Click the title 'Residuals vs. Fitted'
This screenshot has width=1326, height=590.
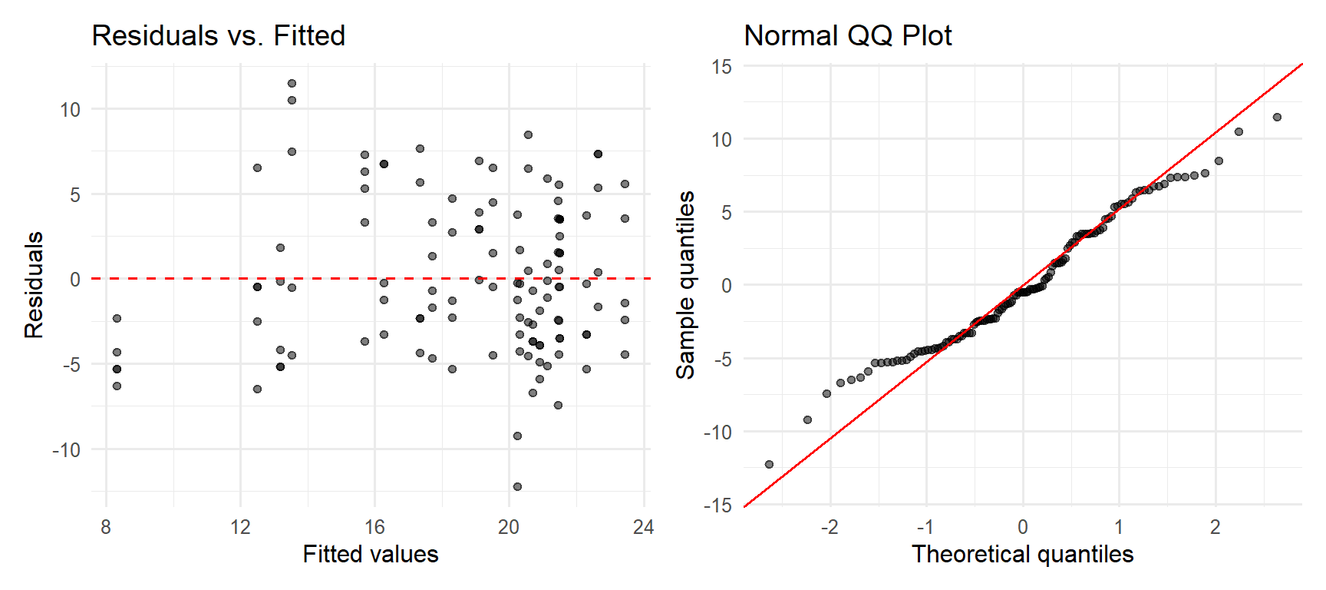(x=219, y=35)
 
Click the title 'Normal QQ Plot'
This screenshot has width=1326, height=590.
(x=848, y=35)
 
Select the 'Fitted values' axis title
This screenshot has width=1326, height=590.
(x=371, y=554)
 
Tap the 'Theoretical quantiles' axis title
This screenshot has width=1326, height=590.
(x=1022, y=554)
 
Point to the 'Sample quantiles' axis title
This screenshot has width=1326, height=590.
(x=685, y=285)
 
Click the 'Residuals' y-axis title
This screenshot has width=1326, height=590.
(x=34, y=285)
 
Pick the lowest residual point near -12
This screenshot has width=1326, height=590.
(x=517, y=486)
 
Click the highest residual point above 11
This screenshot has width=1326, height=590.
(x=292, y=84)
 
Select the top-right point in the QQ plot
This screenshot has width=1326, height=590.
(x=1277, y=118)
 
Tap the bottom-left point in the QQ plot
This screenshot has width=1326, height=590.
(x=769, y=464)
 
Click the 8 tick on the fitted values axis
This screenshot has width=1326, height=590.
(x=106, y=527)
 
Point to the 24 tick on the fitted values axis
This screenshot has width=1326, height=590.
(x=643, y=527)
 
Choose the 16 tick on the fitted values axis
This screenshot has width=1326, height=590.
(x=374, y=527)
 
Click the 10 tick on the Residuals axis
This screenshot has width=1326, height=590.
(x=70, y=110)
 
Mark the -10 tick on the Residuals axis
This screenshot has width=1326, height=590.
(x=67, y=450)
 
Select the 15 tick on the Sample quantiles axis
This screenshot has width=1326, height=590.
(x=721, y=67)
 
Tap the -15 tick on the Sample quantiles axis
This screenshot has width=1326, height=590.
(x=718, y=505)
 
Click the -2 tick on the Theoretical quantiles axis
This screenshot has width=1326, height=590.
(x=829, y=527)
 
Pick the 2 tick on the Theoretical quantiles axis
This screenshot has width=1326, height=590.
(x=1215, y=527)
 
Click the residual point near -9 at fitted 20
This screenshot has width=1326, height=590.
(x=517, y=436)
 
